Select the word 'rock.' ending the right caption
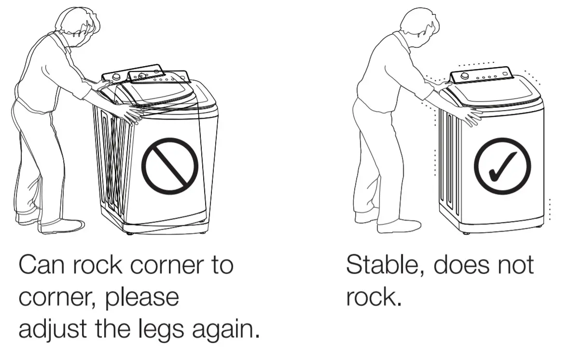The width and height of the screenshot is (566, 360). point(374,298)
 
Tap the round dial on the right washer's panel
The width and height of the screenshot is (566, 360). point(464,76)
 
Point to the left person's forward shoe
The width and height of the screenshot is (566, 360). point(63,226)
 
